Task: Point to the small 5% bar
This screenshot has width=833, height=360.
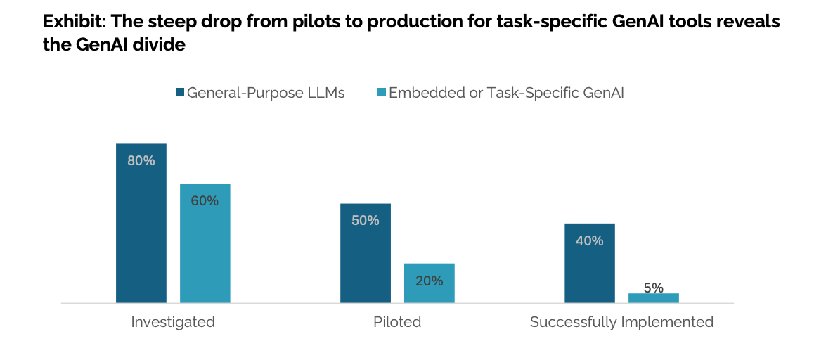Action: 654,298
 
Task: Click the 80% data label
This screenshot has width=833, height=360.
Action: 141,160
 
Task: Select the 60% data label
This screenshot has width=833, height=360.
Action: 205,200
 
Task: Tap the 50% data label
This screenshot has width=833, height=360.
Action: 366,220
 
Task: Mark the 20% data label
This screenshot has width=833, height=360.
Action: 430,281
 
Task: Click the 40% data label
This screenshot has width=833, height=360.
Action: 590,240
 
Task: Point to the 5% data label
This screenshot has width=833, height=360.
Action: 654,287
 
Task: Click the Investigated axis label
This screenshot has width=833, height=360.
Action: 173,322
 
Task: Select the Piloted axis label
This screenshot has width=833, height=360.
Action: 397,322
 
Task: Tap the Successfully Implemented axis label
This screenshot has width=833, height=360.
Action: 621,322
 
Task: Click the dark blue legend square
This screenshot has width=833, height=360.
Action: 179,93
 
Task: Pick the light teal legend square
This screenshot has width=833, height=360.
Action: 381,93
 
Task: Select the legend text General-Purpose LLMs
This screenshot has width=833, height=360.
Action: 266,93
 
